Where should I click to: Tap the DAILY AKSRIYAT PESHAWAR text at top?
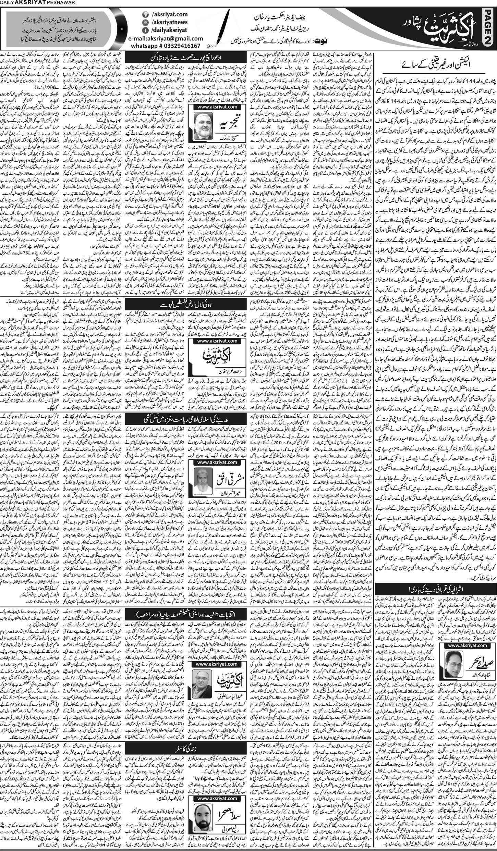[x=31, y=3]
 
